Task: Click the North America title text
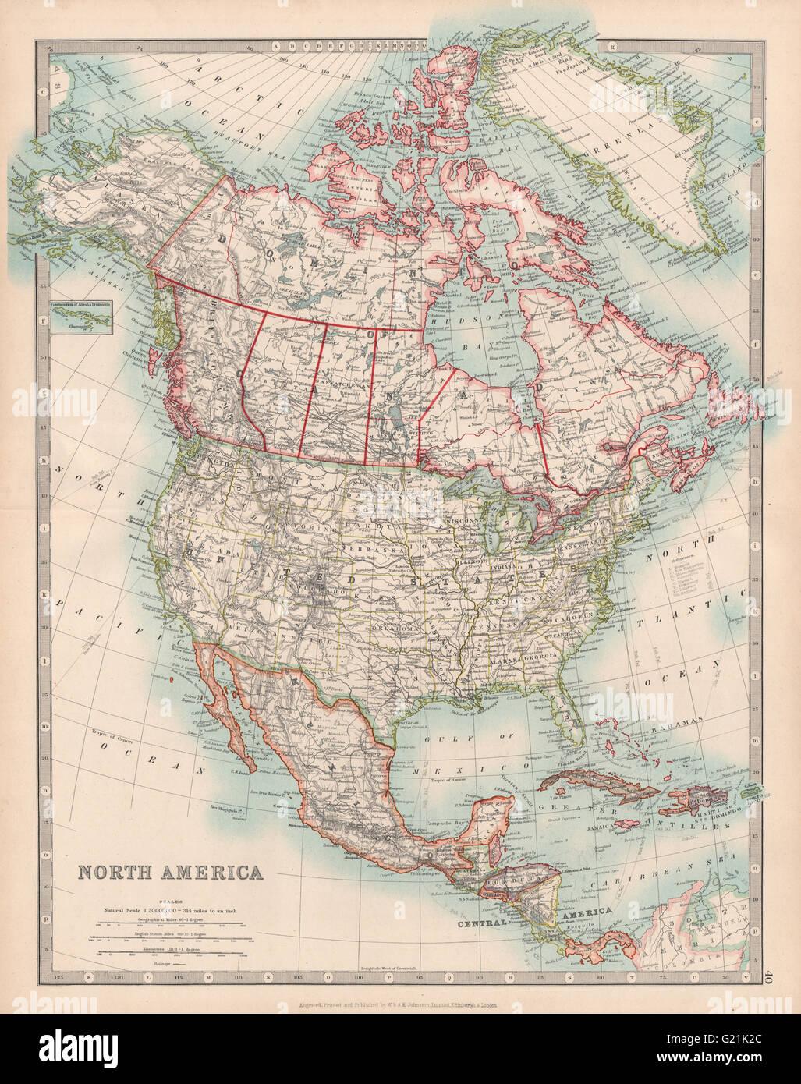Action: click(169, 870)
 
